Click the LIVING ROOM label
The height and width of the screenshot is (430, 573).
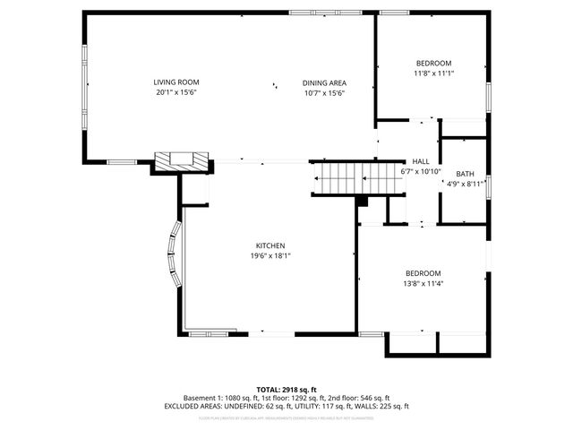[175, 82]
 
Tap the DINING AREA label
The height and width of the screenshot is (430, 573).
[323, 82]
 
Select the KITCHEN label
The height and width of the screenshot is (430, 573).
[269, 245]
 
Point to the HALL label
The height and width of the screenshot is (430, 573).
[420, 161]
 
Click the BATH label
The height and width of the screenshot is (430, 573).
[465, 174]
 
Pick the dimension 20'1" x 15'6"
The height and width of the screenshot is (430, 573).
[175, 92]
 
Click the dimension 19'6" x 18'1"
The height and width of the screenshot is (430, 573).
[269, 255]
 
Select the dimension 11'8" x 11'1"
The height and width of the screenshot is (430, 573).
[433, 73]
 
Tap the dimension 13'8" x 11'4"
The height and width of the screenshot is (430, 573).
[423, 284]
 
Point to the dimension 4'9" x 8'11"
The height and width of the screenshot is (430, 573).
[466, 184]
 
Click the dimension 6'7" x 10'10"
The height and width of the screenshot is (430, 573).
[420, 171]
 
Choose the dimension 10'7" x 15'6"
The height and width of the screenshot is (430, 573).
[323, 92]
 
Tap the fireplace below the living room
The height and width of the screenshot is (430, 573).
[183, 161]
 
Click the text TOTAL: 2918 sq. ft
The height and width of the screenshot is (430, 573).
[286, 389]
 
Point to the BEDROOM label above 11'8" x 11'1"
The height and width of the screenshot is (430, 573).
[433, 64]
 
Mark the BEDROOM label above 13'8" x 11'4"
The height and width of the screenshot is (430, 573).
[423, 274]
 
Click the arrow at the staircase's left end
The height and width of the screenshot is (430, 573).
[317, 179]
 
